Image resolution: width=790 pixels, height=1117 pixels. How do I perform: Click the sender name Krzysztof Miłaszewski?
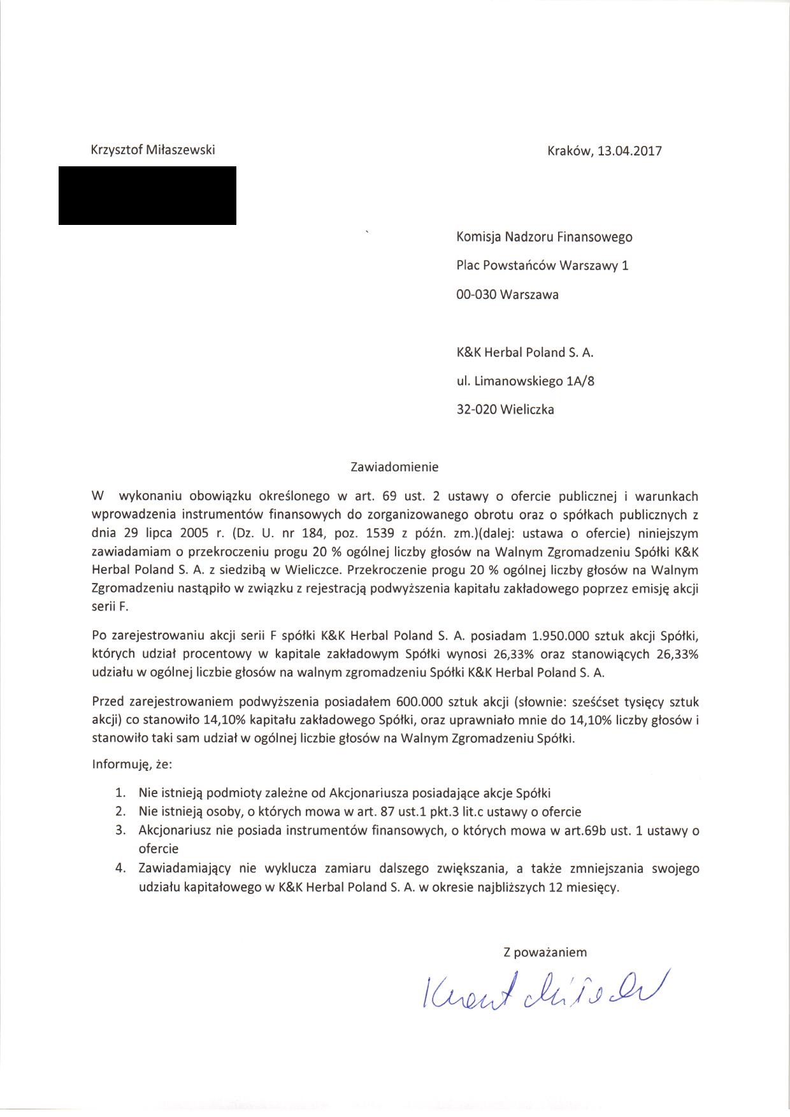[154, 150]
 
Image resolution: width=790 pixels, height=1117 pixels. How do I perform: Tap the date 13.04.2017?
[629, 151]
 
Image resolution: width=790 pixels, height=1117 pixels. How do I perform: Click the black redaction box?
[147, 196]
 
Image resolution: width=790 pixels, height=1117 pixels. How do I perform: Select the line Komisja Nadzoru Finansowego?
[544, 237]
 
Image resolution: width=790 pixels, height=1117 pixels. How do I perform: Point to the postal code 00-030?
[477, 294]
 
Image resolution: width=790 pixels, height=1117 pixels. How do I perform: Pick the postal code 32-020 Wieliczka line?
[505, 410]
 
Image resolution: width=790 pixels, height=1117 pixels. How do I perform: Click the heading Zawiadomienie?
[395, 466]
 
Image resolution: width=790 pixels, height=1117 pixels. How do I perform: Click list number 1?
[119, 793]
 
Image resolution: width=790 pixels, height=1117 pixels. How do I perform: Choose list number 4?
[119, 868]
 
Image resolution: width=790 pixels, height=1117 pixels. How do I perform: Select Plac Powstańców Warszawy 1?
[542, 266]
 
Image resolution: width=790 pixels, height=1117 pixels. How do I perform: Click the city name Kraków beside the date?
[569, 151]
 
